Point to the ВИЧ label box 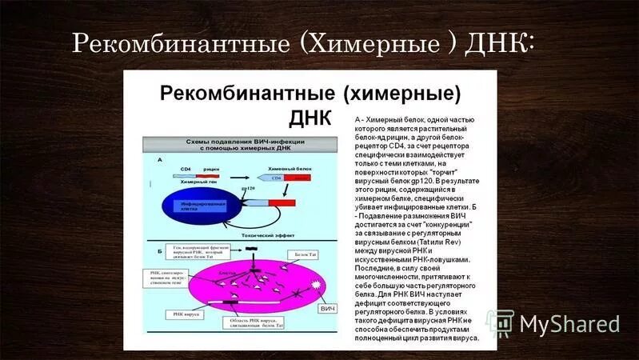pos(326,307)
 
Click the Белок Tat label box pos(306,254)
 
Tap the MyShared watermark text pos(568,324)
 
